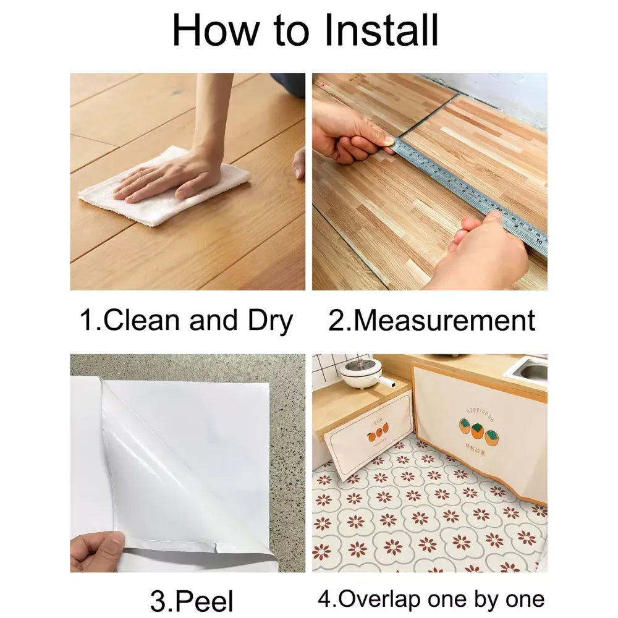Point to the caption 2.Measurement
tap(431, 321)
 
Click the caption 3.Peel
tap(192, 600)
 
